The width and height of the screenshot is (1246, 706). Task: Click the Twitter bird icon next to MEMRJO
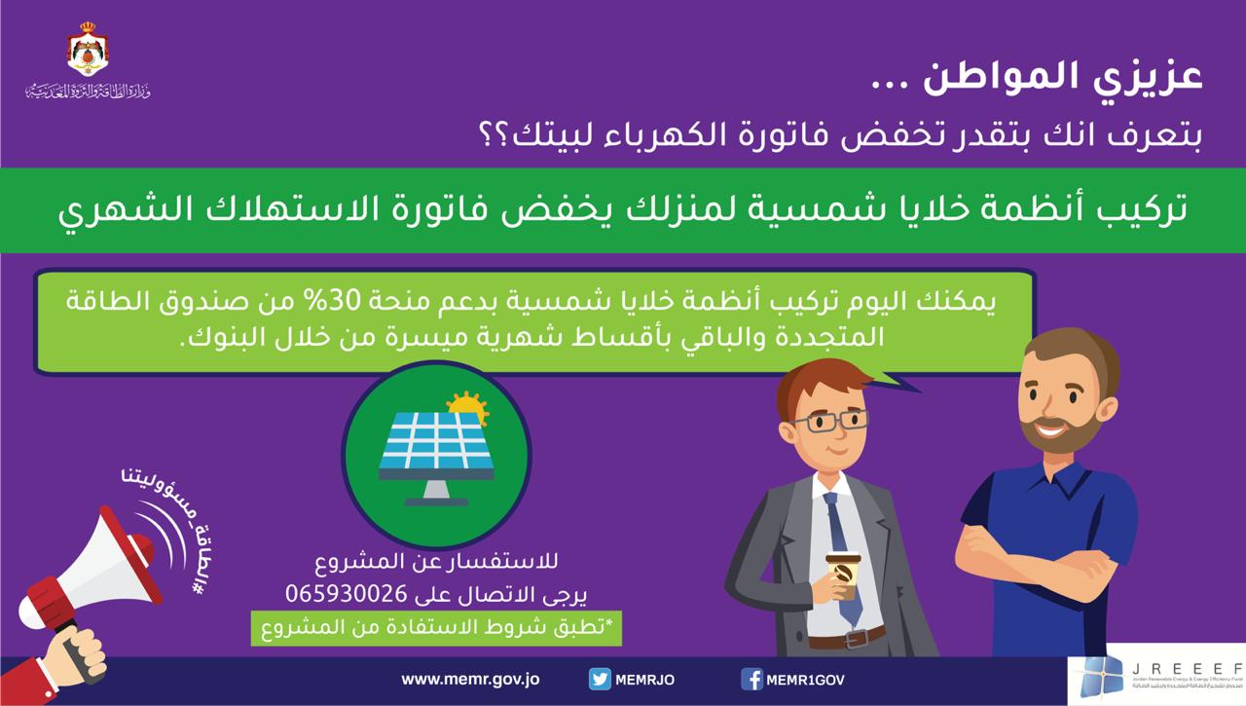[600, 679]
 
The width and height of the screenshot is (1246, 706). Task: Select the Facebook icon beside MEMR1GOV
[751, 679]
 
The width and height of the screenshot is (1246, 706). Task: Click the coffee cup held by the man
[843, 576]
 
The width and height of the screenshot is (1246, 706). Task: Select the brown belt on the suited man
[846, 638]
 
